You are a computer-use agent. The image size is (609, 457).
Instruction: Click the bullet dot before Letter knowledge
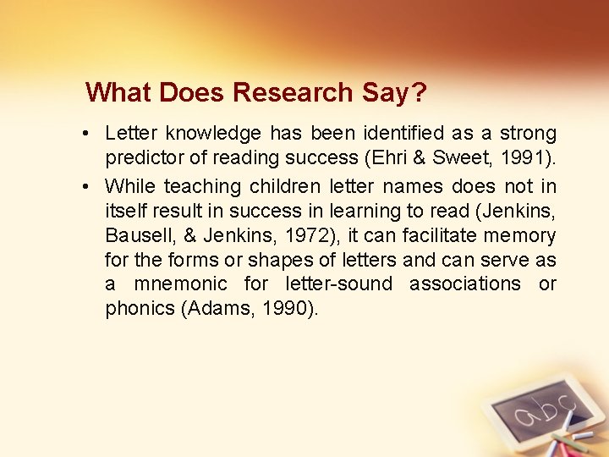coord(89,134)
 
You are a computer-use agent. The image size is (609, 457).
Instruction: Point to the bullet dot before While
coord(89,186)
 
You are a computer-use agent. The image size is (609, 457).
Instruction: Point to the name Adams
coord(217,309)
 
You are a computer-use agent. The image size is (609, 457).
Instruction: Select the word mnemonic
coord(180,284)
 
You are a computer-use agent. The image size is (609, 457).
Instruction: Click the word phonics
coord(140,309)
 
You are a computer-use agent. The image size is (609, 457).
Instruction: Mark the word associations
coord(465,284)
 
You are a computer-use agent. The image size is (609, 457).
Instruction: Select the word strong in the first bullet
coord(528,134)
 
